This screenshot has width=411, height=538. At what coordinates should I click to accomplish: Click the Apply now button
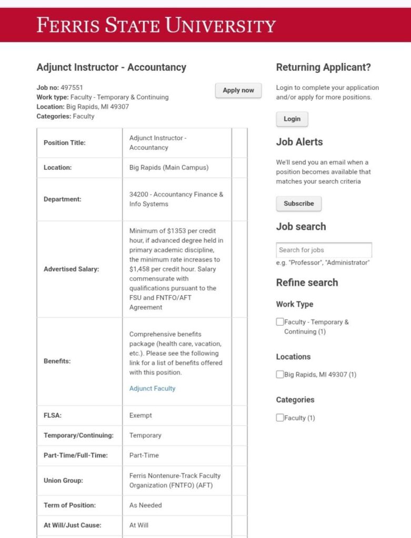(238, 90)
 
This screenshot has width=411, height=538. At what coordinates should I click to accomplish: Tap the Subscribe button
(298, 203)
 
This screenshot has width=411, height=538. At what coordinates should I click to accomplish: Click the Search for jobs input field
(324, 250)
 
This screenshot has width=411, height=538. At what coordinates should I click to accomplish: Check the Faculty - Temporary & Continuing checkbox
(280, 322)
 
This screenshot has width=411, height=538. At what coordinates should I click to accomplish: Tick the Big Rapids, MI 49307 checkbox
(280, 375)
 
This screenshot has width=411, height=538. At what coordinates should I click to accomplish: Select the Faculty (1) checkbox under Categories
(280, 418)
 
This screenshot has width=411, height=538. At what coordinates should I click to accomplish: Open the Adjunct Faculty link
(152, 388)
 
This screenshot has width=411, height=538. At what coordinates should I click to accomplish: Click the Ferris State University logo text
(156, 25)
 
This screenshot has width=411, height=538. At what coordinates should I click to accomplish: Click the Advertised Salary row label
(71, 269)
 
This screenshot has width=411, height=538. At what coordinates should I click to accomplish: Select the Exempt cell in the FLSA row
(141, 415)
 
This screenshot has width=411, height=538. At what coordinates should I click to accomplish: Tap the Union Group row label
(63, 480)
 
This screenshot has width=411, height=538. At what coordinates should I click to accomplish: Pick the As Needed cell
(145, 505)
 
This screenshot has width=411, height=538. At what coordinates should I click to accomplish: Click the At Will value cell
(139, 525)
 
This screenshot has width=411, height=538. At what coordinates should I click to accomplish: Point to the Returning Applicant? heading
(323, 67)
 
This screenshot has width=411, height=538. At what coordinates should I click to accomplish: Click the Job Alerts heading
(299, 142)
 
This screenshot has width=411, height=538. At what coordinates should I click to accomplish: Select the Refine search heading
(307, 282)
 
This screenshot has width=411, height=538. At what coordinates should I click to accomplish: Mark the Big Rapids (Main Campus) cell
(169, 168)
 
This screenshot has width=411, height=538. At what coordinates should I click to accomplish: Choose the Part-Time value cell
(144, 455)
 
